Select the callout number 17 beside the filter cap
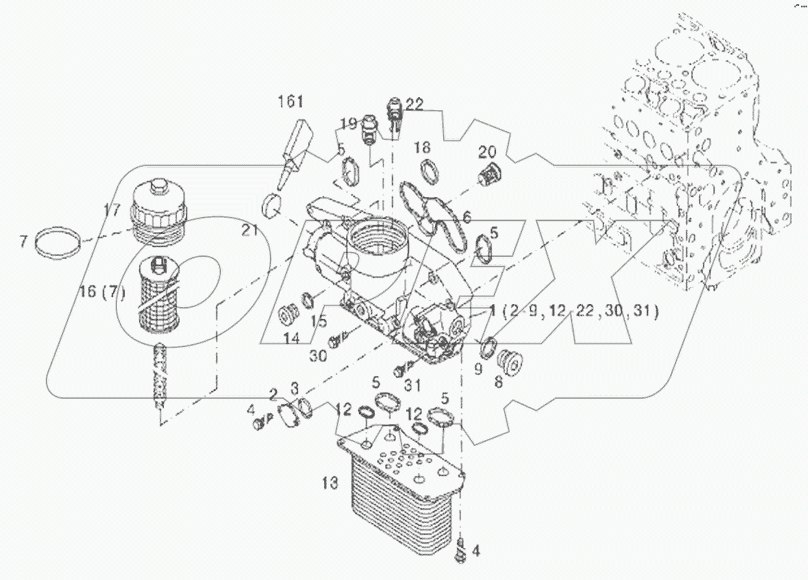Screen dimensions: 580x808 (x=112, y=210)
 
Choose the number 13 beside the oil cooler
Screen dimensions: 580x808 (x=330, y=482)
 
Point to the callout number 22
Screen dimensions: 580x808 (x=414, y=106)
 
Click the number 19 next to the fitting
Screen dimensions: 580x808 (x=348, y=122)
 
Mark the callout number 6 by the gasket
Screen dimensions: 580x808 (x=467, y=217)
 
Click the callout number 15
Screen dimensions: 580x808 (x=318, y=320)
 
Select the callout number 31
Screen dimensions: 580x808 (x=412, y=385)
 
